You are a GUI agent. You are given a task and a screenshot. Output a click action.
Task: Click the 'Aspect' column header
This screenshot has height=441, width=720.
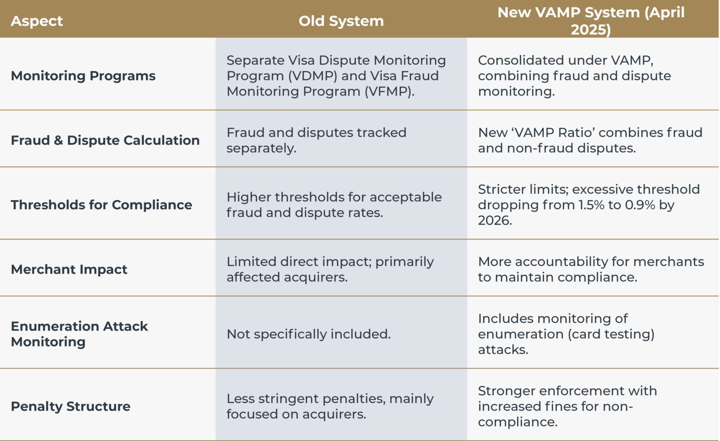[37, 21]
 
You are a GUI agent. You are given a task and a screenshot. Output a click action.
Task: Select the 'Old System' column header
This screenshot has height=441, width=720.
[341, 21]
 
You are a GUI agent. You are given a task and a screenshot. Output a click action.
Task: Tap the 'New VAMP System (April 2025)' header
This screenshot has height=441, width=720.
[591, 21]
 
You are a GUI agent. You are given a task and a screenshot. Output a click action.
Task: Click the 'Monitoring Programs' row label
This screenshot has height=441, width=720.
[83, 76]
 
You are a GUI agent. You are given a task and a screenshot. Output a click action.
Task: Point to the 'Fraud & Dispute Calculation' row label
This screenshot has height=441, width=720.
[105, 140]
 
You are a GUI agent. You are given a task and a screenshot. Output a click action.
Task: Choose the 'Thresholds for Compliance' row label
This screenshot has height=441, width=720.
[101, 205]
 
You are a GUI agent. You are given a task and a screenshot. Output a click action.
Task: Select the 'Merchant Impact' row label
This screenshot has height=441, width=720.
[69, 269]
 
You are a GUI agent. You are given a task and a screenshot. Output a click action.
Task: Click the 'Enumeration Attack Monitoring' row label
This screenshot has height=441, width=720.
[79, 334]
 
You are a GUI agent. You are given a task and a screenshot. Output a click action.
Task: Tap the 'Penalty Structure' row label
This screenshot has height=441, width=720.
[70, 406]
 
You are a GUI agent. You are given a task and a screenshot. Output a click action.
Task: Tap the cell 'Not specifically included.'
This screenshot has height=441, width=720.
[308, 334]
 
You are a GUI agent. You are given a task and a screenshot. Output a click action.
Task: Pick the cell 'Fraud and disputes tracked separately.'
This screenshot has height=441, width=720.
[316, 140]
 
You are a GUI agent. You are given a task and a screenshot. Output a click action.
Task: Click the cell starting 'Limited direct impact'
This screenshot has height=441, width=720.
[330, 269]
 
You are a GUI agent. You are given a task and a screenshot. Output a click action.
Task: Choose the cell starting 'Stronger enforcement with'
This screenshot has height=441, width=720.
[567, 406]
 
